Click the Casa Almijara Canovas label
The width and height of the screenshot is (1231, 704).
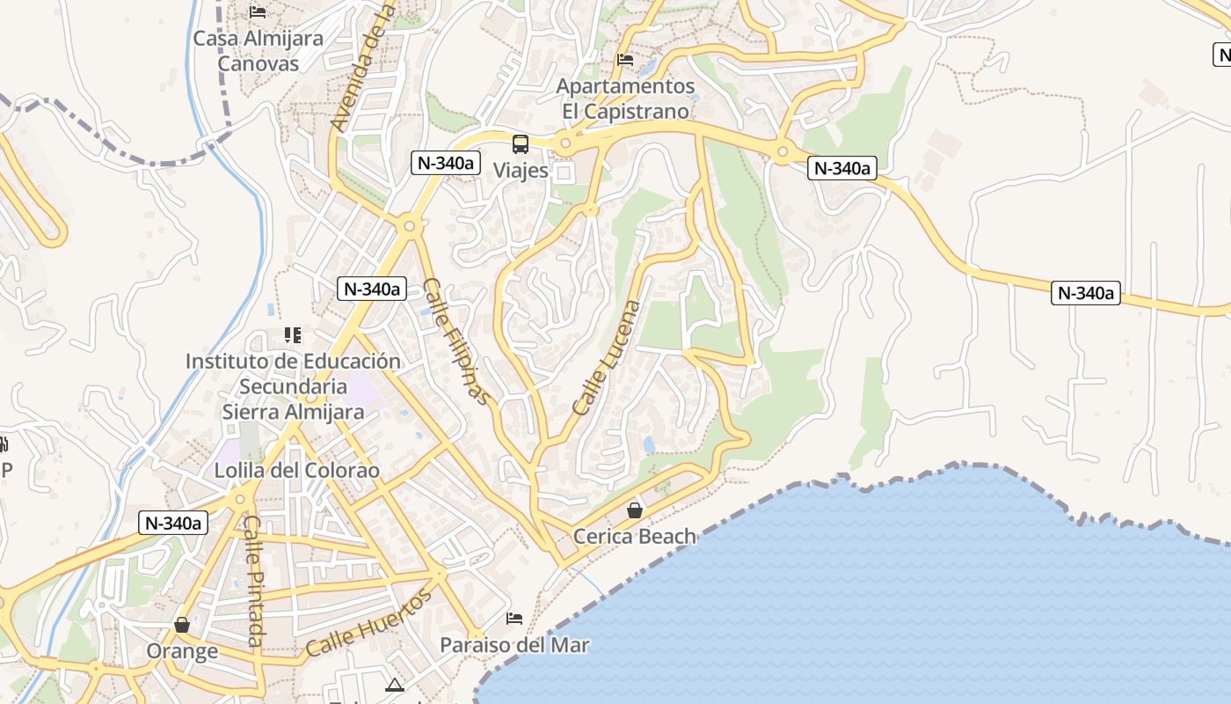coord(258,51)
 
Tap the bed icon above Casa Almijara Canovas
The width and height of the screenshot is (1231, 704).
coord(258,11)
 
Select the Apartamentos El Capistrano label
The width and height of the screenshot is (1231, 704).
coord(625,99)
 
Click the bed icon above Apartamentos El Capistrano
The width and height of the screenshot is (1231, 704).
coord(625,60)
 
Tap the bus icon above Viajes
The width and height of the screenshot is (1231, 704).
coord(521,144)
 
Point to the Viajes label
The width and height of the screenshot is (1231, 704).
coord(521,171)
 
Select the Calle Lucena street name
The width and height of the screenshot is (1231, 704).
coord(608,358)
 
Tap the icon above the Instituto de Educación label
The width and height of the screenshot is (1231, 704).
coord(293,335)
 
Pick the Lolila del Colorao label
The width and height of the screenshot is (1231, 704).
coord(297,471)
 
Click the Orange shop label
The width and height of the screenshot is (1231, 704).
coord(182,652)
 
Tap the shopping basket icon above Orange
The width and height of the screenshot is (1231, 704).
coord(182,625)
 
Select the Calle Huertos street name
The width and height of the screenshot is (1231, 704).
coord(370,624)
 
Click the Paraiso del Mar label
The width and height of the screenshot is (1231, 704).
coord(514,645)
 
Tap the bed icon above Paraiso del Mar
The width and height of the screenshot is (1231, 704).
coord(514,619)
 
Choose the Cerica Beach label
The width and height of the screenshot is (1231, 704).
coord(634,536)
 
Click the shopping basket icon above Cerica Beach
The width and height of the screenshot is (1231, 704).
coord(634,510)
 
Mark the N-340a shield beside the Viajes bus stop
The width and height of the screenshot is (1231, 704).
coord(446,163)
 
